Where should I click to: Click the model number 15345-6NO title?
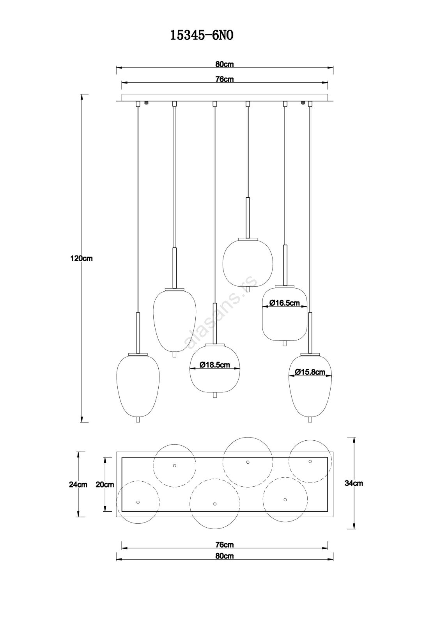click(x=202, y=36)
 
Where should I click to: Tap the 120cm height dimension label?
click(x=81, y=259)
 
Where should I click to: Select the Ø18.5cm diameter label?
click(x=215, y=365)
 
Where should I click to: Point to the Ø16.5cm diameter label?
click(x=284, y=303)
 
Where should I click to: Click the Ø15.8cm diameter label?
click(x=310, y=372)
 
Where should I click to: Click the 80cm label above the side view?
click(x=225, y=64)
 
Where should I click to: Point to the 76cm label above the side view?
click(x=225, y=80)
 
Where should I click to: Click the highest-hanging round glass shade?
click(x=248, y=262)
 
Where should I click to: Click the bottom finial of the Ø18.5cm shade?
click(x=214, y=395)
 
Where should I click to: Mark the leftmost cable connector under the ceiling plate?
click(x=137, y=104)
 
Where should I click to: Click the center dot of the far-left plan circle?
click(x=138, y=502)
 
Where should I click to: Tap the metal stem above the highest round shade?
click(x=248, y=218)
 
